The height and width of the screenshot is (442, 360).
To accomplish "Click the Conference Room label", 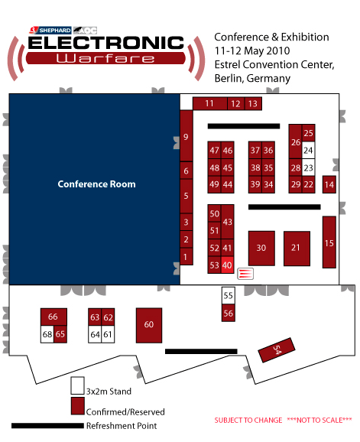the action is [x=96, y=184].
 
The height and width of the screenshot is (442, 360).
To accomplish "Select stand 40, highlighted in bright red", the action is [x=227, y=265].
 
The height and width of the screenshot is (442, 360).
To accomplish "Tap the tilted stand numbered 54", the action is [x=277, y=349].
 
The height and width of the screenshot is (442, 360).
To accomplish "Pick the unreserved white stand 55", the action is [x=229, y=295].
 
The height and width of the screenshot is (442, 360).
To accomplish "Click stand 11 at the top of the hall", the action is [x=210, y=103].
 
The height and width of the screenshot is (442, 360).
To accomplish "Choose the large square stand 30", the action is [x=261, y=248].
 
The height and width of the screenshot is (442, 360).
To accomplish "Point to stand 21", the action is [x=297, y=249].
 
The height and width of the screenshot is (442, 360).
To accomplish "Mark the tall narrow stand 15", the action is [x=329, y=242].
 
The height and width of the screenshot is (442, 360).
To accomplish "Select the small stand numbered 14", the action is [x=329, y=184].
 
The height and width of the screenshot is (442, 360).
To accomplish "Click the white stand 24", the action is [x=309, y=150].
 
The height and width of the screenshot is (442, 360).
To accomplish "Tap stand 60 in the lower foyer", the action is [x=149, y=325].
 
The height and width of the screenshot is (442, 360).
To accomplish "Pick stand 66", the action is [x=54, y=317].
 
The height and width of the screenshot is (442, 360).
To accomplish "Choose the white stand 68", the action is [x=47, y=334].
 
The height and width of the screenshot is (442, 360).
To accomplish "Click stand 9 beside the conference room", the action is [x=186, y=136].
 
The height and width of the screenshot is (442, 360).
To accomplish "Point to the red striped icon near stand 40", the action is [x=245, y=274].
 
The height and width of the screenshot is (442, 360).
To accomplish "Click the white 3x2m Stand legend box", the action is [x=77, y=385].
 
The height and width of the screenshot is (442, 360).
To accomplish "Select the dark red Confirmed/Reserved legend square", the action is [x=77, y=406].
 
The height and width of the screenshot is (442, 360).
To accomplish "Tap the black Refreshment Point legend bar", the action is [x=47, y=426].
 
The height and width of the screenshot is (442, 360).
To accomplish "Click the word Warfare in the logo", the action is [x=105, y=58].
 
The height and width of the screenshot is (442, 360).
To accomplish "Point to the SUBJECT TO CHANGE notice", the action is [x=248, y=421].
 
